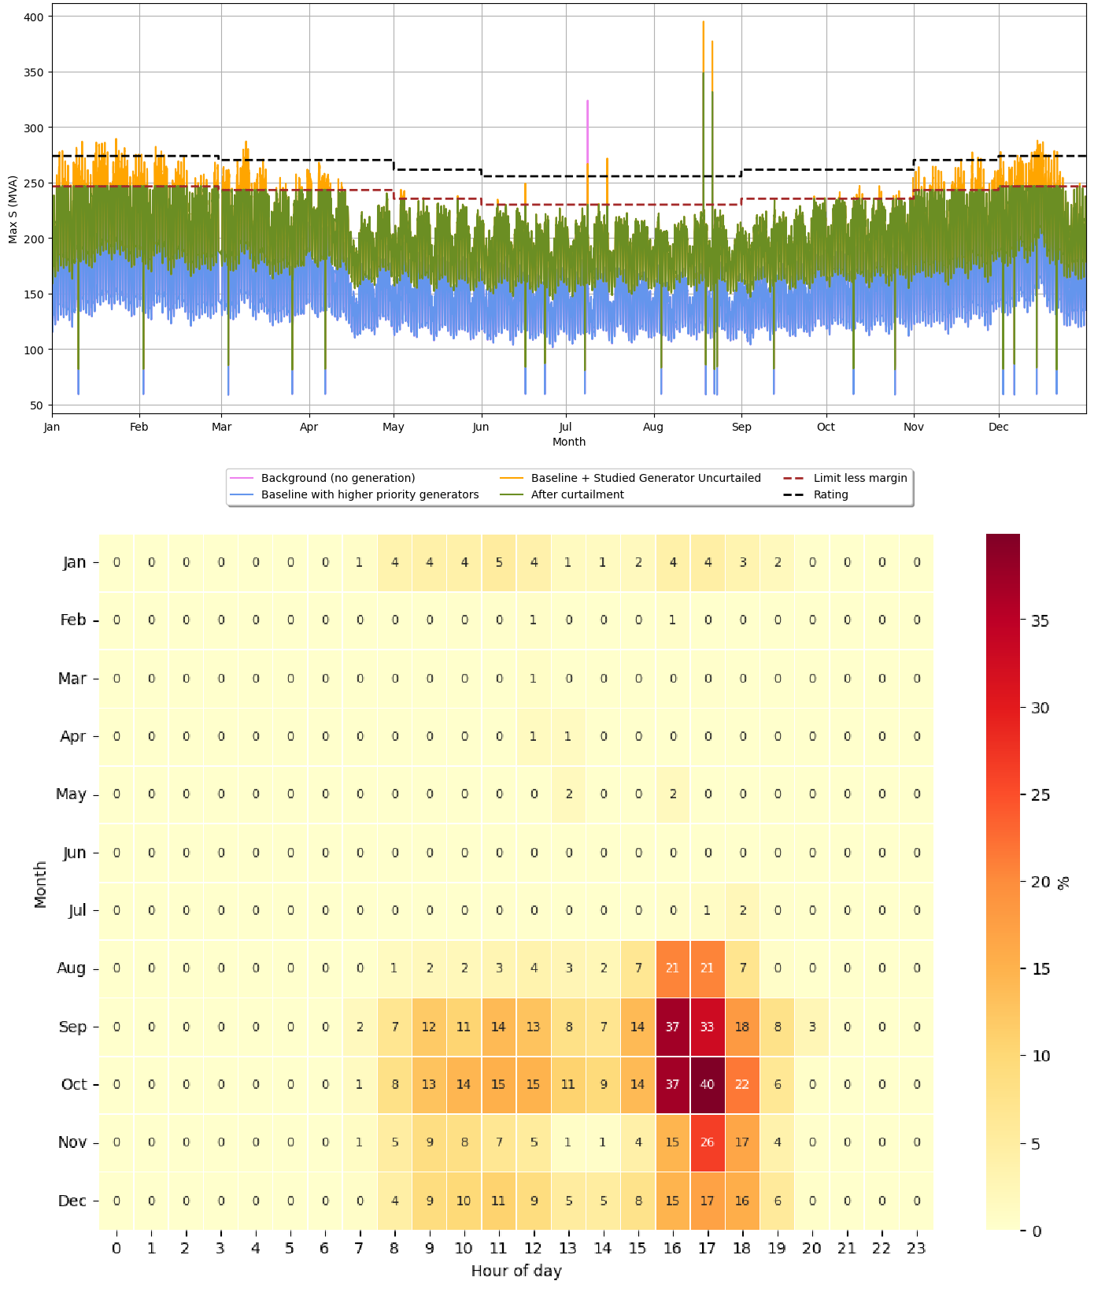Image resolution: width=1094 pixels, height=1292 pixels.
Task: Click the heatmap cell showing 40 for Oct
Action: click(x=707, y=1084)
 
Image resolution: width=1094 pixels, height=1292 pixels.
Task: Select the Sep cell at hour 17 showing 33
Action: click(x=707, y=1027)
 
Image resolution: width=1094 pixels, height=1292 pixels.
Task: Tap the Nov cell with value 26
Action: click(x=707, y=1142)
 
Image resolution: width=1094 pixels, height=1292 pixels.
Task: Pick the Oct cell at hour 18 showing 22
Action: click(x=742, y=1084)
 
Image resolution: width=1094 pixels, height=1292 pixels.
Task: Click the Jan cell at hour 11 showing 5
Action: click(x=499, y=562)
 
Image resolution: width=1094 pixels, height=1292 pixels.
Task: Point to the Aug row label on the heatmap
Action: click(x=71, y=968)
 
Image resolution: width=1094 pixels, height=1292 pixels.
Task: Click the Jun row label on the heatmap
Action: click(x=74, y=853)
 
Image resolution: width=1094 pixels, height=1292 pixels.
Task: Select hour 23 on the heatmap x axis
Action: click(x=916, y=1248)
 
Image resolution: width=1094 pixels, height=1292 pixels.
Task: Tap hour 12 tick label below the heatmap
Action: click(x=534, y=1248)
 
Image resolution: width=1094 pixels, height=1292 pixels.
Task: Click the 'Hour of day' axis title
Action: click(x=516, y=1271)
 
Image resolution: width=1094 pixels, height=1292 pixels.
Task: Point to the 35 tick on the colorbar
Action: click(x=1040, y=620)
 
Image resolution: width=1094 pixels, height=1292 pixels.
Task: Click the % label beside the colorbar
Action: click(x=1064, y=883)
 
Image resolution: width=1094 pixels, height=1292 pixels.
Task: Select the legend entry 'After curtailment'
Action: click(x=577, y=494)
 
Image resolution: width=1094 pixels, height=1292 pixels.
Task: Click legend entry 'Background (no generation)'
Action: click(x=338, y=478)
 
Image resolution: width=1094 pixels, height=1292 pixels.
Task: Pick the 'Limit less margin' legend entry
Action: click(x=859, y=478)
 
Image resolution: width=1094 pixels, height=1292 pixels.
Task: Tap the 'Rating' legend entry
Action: click(x=830, y=494)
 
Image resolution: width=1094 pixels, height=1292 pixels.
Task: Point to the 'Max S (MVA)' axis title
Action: click(x=13, y=211)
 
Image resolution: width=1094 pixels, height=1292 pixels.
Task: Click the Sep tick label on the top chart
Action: click(x=741, y=427)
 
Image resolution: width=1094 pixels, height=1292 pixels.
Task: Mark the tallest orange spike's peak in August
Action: click(x=703, y=22)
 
